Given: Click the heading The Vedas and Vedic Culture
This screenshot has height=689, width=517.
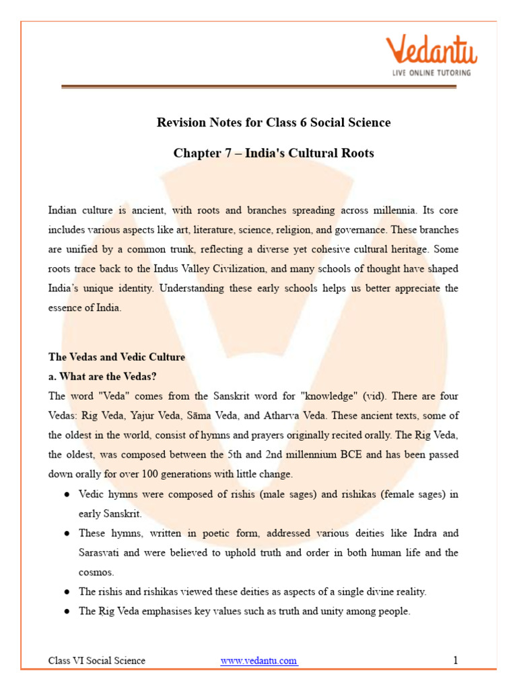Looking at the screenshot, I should click(x=116, y=357).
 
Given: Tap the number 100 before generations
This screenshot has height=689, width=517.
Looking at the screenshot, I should click(x=140, y=474).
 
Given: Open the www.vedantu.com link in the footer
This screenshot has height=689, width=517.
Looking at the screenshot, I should click(x=258, y=661).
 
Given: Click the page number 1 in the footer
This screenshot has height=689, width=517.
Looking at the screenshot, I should click(x=455, y=661).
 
